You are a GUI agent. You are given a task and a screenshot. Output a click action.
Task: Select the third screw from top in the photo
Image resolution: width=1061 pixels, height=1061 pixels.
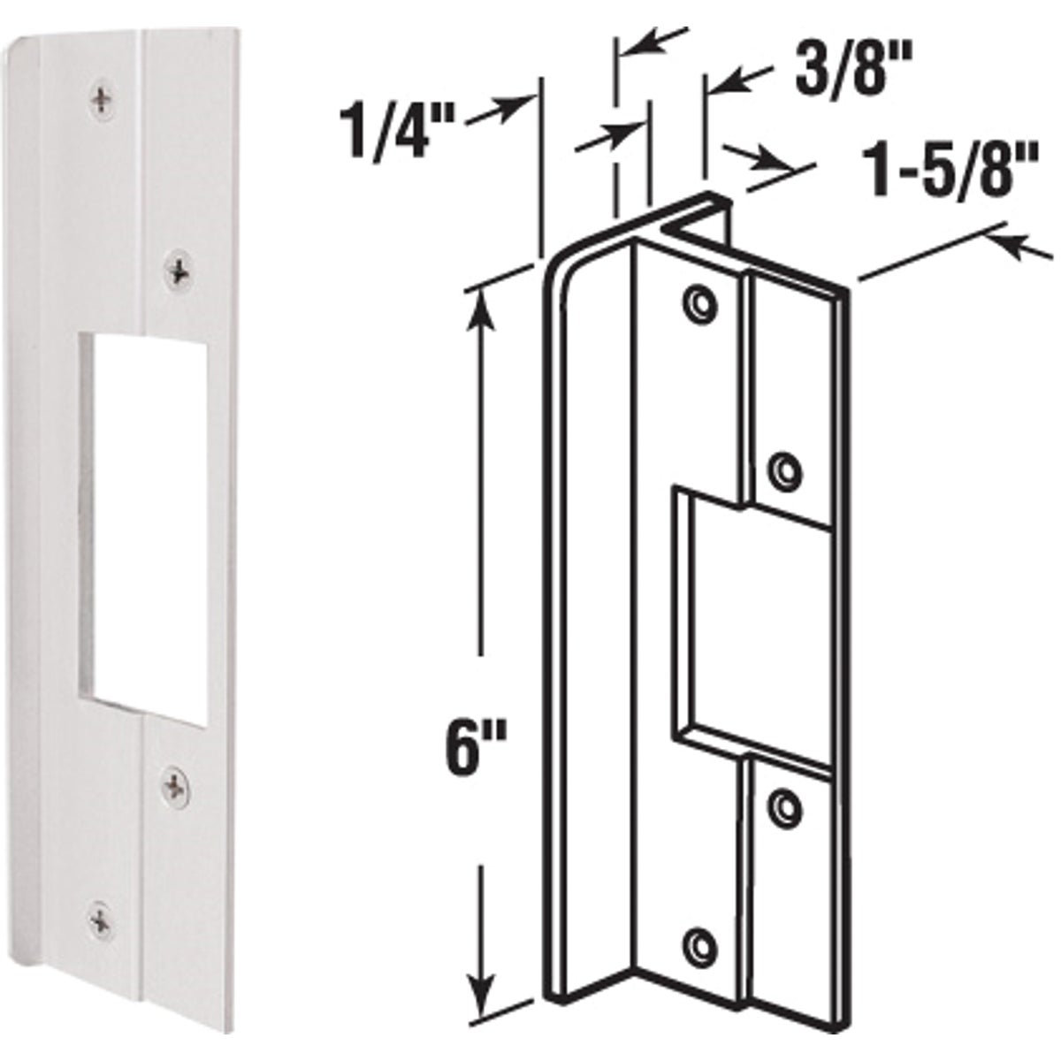point(175,783)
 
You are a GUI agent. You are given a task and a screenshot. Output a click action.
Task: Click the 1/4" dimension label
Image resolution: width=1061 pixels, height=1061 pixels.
point(396,131)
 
